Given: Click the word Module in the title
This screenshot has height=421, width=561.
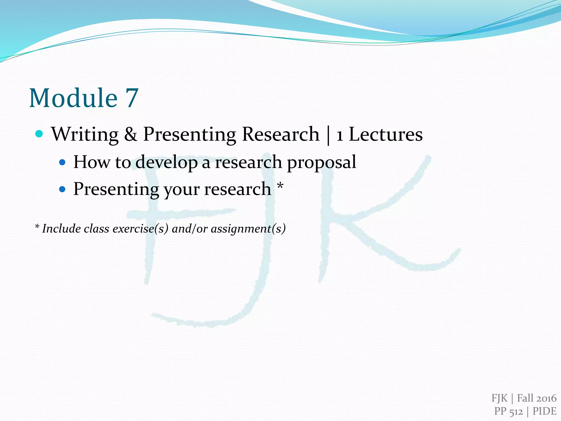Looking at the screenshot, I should pyautogui.click(x=73, y=98).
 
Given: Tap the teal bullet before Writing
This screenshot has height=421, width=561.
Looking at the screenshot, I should pyautogui.click(x=39, y=134).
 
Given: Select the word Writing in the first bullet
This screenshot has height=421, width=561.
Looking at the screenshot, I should pyautogui.click(x=85, y=135).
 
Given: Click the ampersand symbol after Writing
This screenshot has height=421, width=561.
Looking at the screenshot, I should pyautogui.click(x=131, y=134).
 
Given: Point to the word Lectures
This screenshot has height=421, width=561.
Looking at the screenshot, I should pyautogui.click(x=386, y=134).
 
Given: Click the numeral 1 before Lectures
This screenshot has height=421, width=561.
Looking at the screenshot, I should pyautogui.click(x=340, y=135).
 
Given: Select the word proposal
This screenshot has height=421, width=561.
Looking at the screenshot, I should pyautogui.click(x=321, y=162).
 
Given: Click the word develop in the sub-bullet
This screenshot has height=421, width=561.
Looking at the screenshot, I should pyautogui.click(x=167, y=162).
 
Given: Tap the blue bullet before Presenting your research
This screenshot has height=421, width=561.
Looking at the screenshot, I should pyautogui.click(x=62, y=189).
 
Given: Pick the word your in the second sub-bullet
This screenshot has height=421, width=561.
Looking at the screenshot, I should pyautogui.click(x=182, y=190).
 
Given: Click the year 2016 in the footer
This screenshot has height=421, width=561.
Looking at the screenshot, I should pyautogui.click(x=546, y=398).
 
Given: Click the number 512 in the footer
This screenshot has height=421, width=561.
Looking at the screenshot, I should pyautogui.click(x=516, y=411).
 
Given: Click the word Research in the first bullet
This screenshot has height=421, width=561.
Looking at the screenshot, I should pyautogui.click(x=281, y=134).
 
